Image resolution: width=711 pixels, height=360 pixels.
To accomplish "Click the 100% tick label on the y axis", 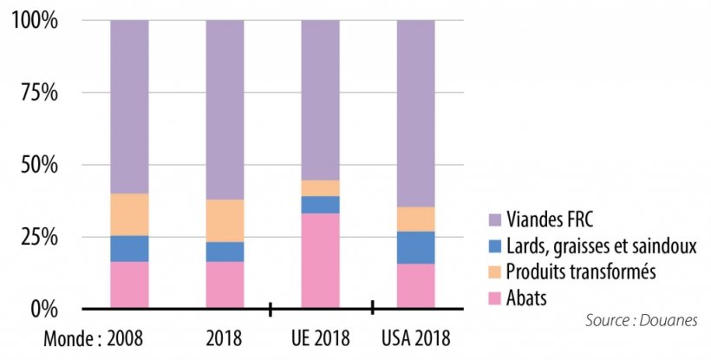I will [35, 20].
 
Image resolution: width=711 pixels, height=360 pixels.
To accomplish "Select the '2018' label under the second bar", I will [225, 335].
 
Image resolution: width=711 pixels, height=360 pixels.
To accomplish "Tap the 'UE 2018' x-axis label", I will [320, 335].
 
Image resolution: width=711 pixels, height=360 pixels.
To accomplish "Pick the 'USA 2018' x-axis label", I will [416, 335].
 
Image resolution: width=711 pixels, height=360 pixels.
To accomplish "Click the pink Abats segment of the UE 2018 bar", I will [320, 260].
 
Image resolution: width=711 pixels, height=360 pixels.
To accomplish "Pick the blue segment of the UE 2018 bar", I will [320, 205].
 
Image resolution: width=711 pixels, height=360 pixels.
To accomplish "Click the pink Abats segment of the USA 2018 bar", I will [416, 286].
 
